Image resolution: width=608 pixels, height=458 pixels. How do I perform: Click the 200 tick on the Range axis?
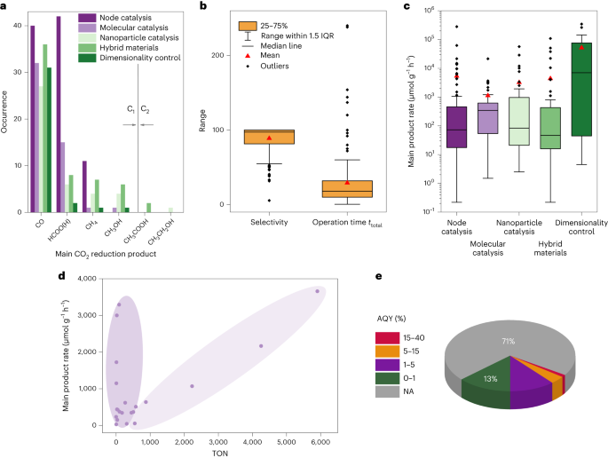click(239, 55)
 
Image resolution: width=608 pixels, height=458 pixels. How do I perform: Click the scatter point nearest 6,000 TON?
click(317, 291)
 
